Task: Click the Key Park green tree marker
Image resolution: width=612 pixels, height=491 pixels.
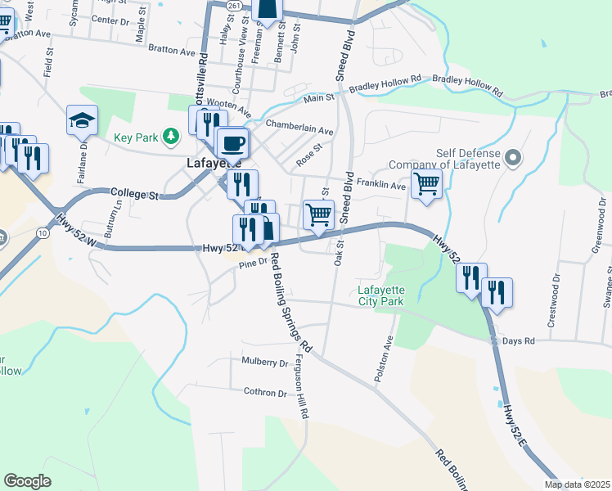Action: click(x=170, y=136)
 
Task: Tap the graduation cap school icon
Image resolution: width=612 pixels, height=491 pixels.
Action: click(x=82, y=121)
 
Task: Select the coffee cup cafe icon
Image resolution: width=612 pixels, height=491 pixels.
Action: click(x=233, y=144)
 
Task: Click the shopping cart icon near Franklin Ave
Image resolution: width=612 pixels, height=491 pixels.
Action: click(x=426, y=183)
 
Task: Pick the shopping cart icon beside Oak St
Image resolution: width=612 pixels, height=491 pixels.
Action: click(x=318, y=215)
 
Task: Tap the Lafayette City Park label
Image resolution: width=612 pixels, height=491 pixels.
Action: click(x=381, y=295)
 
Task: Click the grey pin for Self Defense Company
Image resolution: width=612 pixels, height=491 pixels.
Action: click(x=513, y=157)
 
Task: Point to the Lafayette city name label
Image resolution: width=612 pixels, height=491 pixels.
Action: click(x=207, y=163)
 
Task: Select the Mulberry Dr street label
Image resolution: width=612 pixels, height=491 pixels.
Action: click(x=266, y=362)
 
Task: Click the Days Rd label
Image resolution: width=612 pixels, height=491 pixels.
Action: click(x=518, y=340)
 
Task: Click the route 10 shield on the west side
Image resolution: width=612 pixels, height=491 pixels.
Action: click(x=42, y=233)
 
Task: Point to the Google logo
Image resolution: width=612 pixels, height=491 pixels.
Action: click(x=27, y=480)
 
